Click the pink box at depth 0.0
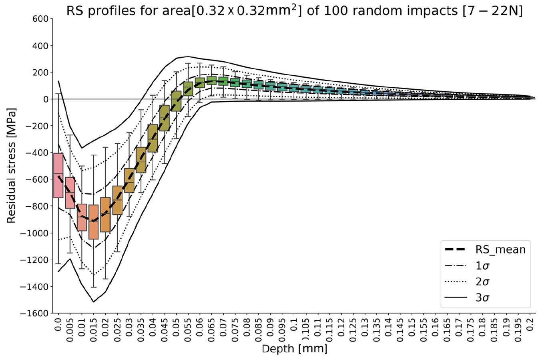58,175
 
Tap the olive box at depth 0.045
165,118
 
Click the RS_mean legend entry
485,250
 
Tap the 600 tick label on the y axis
40,18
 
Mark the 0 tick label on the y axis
46,99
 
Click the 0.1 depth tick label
294,324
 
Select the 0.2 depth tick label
530,324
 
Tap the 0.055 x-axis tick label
188,330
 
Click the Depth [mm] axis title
295,349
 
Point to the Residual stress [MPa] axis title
11,165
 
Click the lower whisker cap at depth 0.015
94,287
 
